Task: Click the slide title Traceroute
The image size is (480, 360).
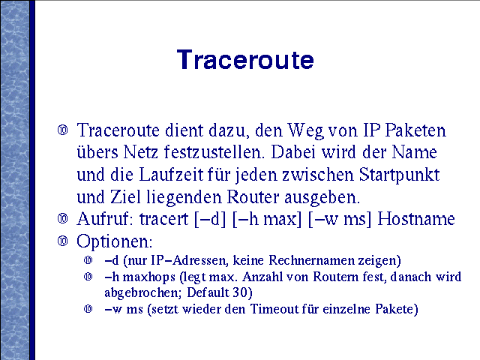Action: [x=245, y=59]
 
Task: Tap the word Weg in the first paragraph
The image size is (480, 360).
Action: [x=306, y=131]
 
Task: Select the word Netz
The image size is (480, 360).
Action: [x=140, y=151]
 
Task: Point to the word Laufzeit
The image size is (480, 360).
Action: [x=171, y=175]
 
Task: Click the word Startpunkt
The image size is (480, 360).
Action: [x=399, y=175]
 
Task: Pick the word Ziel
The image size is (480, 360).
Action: [x=126, y=196]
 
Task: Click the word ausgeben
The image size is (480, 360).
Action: [x=322, y=198]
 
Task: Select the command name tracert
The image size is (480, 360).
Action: [x=163, y=219]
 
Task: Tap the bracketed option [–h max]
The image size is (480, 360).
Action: [x=267, y=220]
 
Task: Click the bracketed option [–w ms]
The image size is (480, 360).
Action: [x=340, y=220]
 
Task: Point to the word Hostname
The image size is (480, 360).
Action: [x=416, y=219]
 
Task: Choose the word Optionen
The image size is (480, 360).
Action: [x=114, y=242]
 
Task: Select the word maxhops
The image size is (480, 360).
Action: [x=148, y=277]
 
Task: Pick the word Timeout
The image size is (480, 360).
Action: [x=274, y=309]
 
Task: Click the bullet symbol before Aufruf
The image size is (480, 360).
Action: [x=63, y=219]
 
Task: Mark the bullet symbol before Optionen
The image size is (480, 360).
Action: [x=63, y=241]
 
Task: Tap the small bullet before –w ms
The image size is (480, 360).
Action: [x=88, y=308]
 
